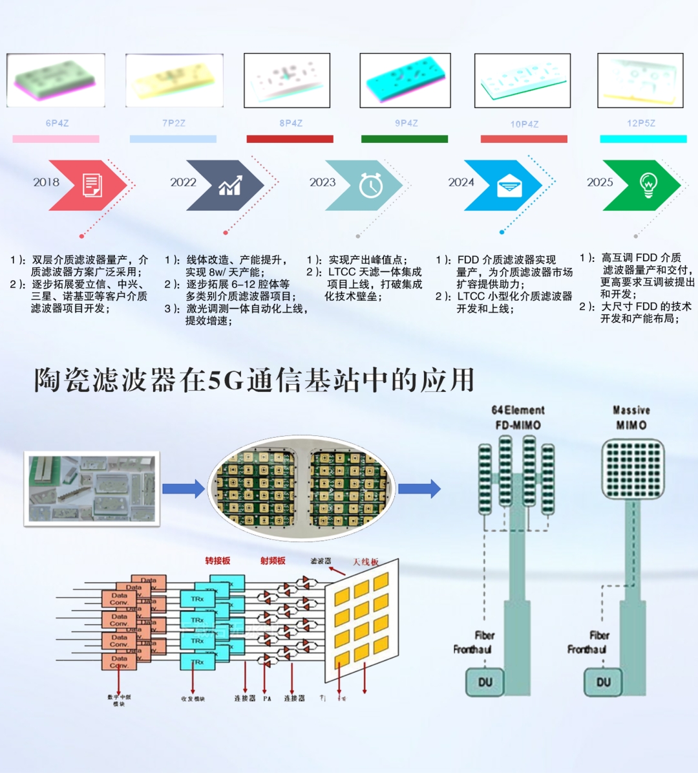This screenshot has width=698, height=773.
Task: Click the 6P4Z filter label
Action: (x=57, y=123)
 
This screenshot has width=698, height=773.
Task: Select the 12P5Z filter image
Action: (x=640, y=80)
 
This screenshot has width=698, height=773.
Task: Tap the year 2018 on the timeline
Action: (x=47, y=182)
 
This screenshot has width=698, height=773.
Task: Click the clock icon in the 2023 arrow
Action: (x=371, y=186)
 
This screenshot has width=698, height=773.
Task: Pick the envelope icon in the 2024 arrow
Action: (x=510, y=186)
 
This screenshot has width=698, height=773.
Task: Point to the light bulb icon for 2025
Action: (x=648, y=185)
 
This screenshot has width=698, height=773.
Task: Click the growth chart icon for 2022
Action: (x=230, y=186)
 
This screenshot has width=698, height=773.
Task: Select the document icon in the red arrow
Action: (x=92, y=186)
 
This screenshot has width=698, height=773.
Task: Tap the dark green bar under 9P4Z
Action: (x=404, y=139)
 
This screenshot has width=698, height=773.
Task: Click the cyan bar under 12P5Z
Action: (x=643, y=139)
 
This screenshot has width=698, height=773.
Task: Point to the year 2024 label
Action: (x=461, y=182)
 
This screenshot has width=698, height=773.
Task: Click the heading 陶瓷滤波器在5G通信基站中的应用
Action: (x=254, y=380)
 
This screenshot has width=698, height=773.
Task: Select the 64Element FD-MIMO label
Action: (x=518, y=417)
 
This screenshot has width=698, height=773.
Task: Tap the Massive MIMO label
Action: (x=631, y=417)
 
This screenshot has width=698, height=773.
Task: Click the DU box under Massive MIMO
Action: (x=604, y=682)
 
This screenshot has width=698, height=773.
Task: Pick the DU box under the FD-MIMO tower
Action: (x=485, y=682)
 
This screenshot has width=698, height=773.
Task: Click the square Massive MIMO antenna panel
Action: (x=633, y=469)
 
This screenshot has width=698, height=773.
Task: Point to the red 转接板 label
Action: (x=217, y=561)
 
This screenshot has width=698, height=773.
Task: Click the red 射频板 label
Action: (x=273, y=561)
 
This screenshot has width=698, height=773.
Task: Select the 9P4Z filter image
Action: (x=405, y=80)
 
